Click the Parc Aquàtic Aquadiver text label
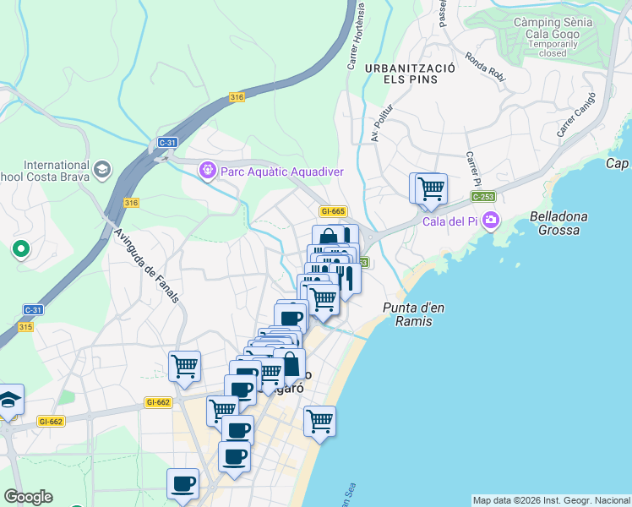(282, 172)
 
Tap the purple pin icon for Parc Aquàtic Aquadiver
(207, 172)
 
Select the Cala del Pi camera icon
(491, 221)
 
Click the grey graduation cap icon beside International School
(102, 170)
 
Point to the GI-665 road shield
(333, 211)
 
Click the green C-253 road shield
(482, 197)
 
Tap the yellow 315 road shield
(24, 327)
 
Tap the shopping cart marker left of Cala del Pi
(430, 188)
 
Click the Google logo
(28, 497)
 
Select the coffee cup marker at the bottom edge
(183, 484)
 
